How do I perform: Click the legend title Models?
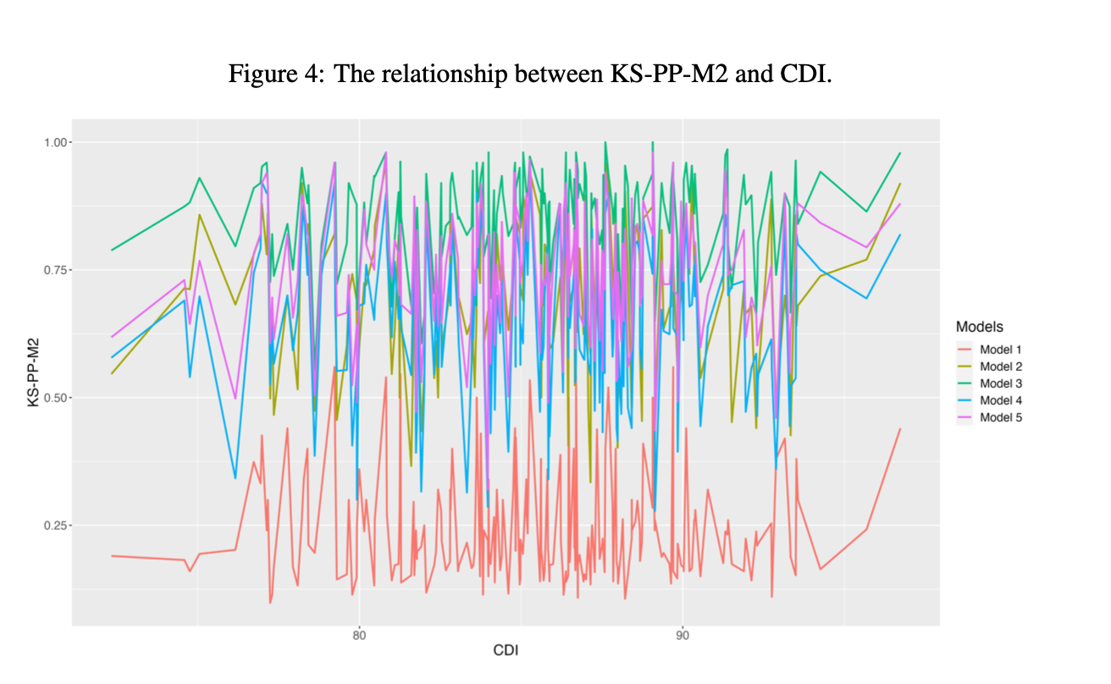980,327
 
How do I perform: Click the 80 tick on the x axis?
359,634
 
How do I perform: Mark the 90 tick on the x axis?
683,634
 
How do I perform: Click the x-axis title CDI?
506,651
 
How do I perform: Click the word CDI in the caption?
802,74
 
